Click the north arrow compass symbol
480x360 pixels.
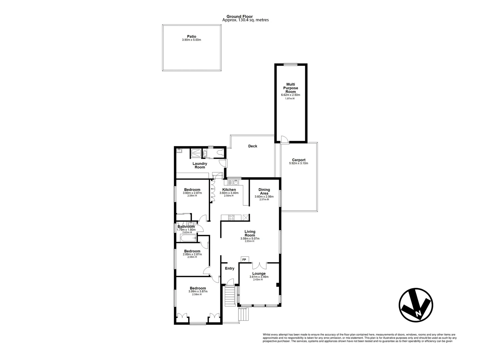[416, 305]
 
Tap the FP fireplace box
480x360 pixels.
[244, 260]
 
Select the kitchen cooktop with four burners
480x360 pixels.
[231, 217]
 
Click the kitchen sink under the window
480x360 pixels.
[235, 182]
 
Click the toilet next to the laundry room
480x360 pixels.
[220, 153]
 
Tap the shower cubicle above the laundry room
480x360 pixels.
[196, 153]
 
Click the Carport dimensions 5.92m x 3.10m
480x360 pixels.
[299, 163]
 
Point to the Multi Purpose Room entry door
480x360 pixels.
[284, 139]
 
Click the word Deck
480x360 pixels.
[253, 146]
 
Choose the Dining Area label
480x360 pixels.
[264, 191]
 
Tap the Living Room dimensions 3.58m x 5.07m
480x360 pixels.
[250, 238]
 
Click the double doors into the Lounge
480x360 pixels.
[260, 265]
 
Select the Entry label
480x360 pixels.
[229, 268]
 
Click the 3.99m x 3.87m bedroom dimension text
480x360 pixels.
[198, 291]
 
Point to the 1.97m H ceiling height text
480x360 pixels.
[290, 99]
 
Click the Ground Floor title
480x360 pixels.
[239, 16]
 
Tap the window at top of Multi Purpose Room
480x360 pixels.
[291, 64]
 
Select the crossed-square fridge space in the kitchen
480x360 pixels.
[246, 217]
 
